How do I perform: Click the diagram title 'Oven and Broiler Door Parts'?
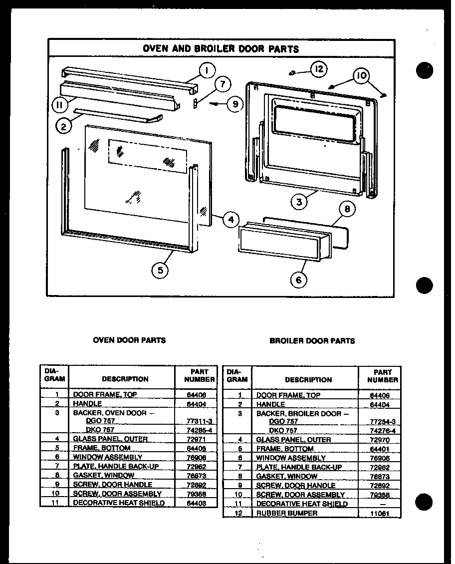tap(221, 48)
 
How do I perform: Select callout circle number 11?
tap(60, 105)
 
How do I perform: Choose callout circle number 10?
tap(361, 76)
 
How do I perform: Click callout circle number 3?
tap(299, 202)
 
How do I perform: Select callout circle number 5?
tap(160, 270)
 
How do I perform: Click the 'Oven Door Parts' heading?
tap(129, 340)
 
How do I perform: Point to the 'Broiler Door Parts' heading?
tap(312, 340)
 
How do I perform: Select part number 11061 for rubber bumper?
tap(379, 513)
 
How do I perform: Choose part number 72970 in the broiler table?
tap(379, 440)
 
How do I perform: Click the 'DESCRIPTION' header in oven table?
tap(125, 379)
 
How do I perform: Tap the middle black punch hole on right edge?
tap(424, 286)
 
